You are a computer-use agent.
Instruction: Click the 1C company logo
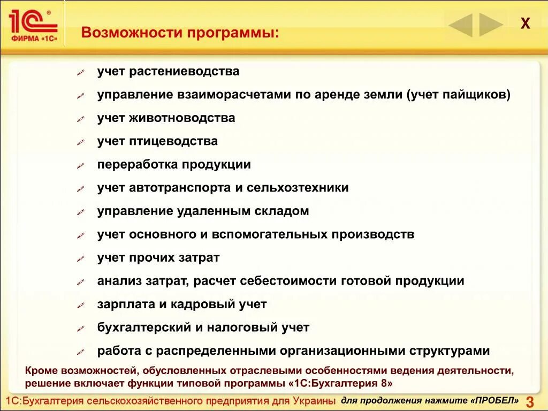click(x=33, y=24)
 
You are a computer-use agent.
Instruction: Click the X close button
click(x=526, y=24)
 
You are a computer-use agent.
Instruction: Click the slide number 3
click(x=530, y=402)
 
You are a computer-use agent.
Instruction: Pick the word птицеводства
click(x=173, y=141)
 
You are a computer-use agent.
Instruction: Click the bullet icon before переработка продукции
click(x=81, y=166)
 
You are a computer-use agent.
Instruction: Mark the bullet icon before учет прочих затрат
click(x=81, y=259)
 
